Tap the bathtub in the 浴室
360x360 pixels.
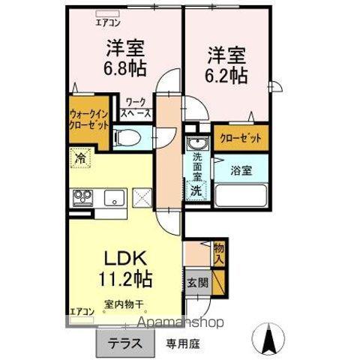pos(241,195)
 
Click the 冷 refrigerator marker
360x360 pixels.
pos(79,158)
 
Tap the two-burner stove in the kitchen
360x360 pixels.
pos(83,198)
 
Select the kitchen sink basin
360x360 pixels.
pos(114,198)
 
